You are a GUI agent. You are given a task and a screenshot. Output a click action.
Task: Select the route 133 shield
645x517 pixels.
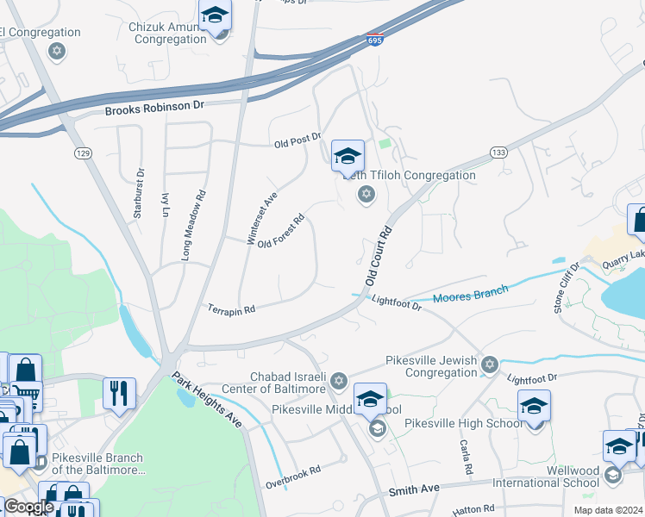498,153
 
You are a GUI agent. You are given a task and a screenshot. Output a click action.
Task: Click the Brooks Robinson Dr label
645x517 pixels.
154,108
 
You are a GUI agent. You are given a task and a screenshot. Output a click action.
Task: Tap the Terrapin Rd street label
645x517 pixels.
231,308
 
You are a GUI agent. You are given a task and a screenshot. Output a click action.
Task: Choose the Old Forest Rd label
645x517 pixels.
282,231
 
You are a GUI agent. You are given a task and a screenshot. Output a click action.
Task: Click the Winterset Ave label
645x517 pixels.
261,218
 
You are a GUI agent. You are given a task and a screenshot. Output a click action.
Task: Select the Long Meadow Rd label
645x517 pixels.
194,227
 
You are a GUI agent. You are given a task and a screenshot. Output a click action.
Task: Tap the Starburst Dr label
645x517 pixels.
138,194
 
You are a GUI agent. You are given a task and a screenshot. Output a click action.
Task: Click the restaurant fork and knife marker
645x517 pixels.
119,393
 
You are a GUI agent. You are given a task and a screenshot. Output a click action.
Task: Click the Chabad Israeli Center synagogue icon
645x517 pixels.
339,380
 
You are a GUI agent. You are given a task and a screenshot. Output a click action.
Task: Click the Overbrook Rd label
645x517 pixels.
292,470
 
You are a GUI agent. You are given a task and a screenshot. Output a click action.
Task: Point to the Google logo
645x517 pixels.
28,507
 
